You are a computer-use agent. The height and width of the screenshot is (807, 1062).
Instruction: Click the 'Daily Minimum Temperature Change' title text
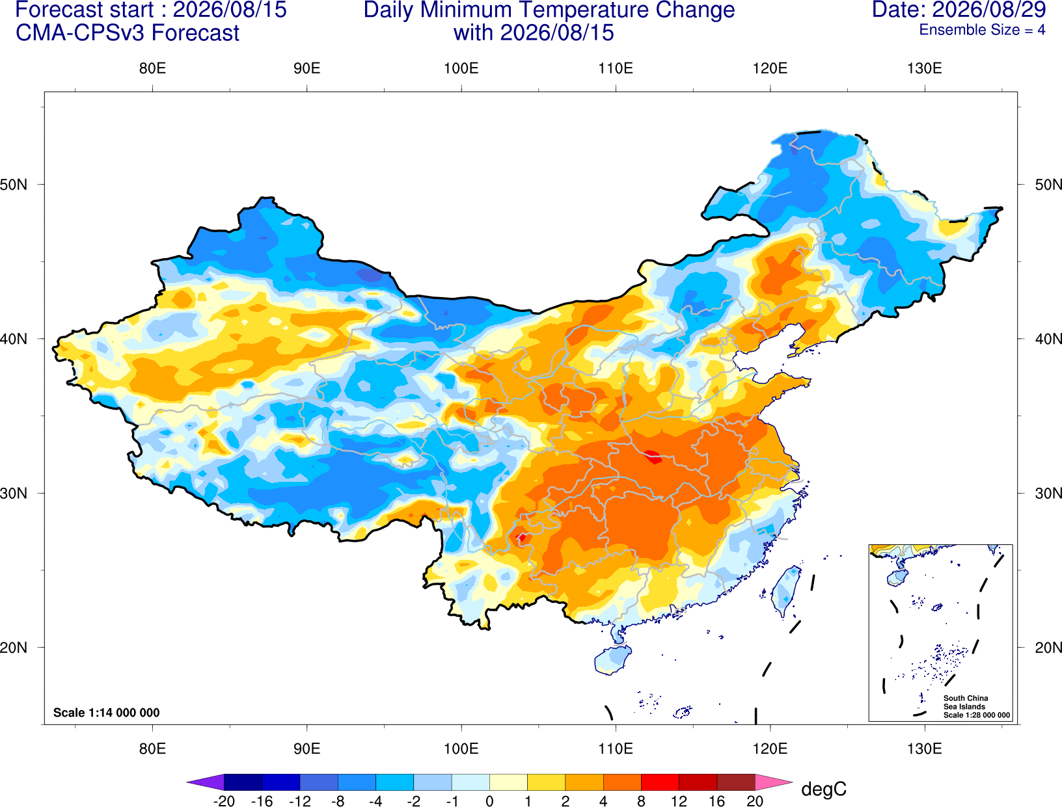(x=549, y=10)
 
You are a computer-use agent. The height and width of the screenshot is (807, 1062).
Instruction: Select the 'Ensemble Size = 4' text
(x=982, y=30)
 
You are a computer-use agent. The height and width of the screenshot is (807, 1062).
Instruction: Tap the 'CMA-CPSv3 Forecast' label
(x=128, y=33)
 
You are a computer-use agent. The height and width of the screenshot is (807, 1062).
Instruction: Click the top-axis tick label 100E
(x=461, y=68)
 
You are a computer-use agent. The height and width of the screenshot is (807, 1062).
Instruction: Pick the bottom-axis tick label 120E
(x=770, y=749)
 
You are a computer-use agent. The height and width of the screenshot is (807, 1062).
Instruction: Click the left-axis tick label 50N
(x=14, y=184)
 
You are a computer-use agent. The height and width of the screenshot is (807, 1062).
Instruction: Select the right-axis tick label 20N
(x=1048, y=648)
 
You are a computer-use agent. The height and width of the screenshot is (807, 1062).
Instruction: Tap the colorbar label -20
(x=224, y=800)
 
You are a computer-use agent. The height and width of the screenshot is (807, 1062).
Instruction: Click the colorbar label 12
(x=679, y=800)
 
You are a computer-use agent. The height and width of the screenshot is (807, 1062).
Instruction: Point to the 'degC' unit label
(x=823, y=789)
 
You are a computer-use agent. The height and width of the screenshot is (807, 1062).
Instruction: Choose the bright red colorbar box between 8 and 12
(x=660, y=782)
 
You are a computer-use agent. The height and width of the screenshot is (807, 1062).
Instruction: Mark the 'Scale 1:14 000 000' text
(x=107, y=712)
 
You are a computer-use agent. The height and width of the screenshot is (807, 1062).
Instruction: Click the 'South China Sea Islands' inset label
(x=966, y=702)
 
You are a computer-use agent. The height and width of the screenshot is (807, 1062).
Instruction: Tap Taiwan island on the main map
(x=784, y=590)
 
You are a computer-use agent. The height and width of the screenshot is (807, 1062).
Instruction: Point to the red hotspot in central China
(x=653, y=456)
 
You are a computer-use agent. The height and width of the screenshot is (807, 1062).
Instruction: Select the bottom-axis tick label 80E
(x=152, y=749)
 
